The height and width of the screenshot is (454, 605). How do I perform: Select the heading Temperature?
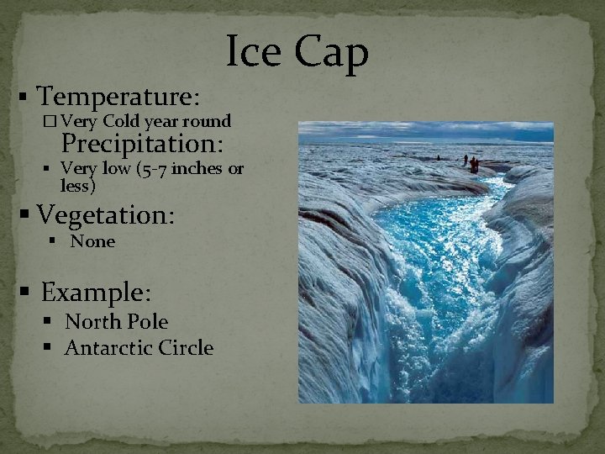coord(118,97)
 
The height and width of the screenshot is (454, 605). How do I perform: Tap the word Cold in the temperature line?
coord(125,121)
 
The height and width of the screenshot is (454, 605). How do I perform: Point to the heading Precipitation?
coord(142,144)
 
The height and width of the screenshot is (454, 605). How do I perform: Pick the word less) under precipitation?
coord(78,185)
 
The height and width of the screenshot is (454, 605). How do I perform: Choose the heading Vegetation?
coord(106,215)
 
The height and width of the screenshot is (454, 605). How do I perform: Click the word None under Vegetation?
coord(92,242)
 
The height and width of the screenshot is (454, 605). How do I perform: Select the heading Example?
coord(96,293)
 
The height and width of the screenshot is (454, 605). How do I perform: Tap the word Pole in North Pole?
coord(146,322)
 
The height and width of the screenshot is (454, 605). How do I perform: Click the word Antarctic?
coord(110,348)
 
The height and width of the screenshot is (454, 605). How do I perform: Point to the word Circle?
coord(187,348)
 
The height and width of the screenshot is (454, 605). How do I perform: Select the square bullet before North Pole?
coord(53,323)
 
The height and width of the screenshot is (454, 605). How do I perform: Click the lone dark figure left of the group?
coord(438,157)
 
